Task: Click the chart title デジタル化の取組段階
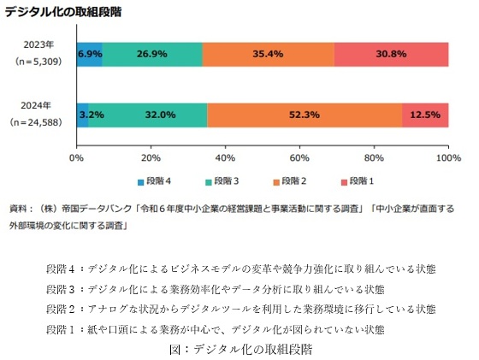point(63,12)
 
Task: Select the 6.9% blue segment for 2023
point(90,55)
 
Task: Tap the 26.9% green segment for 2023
point(152,55)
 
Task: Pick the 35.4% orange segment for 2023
point(269,55)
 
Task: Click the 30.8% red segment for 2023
point(392,55)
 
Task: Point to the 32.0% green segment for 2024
point(148,115)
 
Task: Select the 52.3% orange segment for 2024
point(305,115)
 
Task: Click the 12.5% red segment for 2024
point(425,115)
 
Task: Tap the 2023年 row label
point(38,44)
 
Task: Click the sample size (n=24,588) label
point(36,122)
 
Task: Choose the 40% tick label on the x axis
point(225,158)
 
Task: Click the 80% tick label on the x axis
point(374,158)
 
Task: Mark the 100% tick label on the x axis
point(448,158)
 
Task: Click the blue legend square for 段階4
point(141,183)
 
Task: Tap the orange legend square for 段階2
point(276,183)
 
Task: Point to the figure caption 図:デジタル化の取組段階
point(241,350)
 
